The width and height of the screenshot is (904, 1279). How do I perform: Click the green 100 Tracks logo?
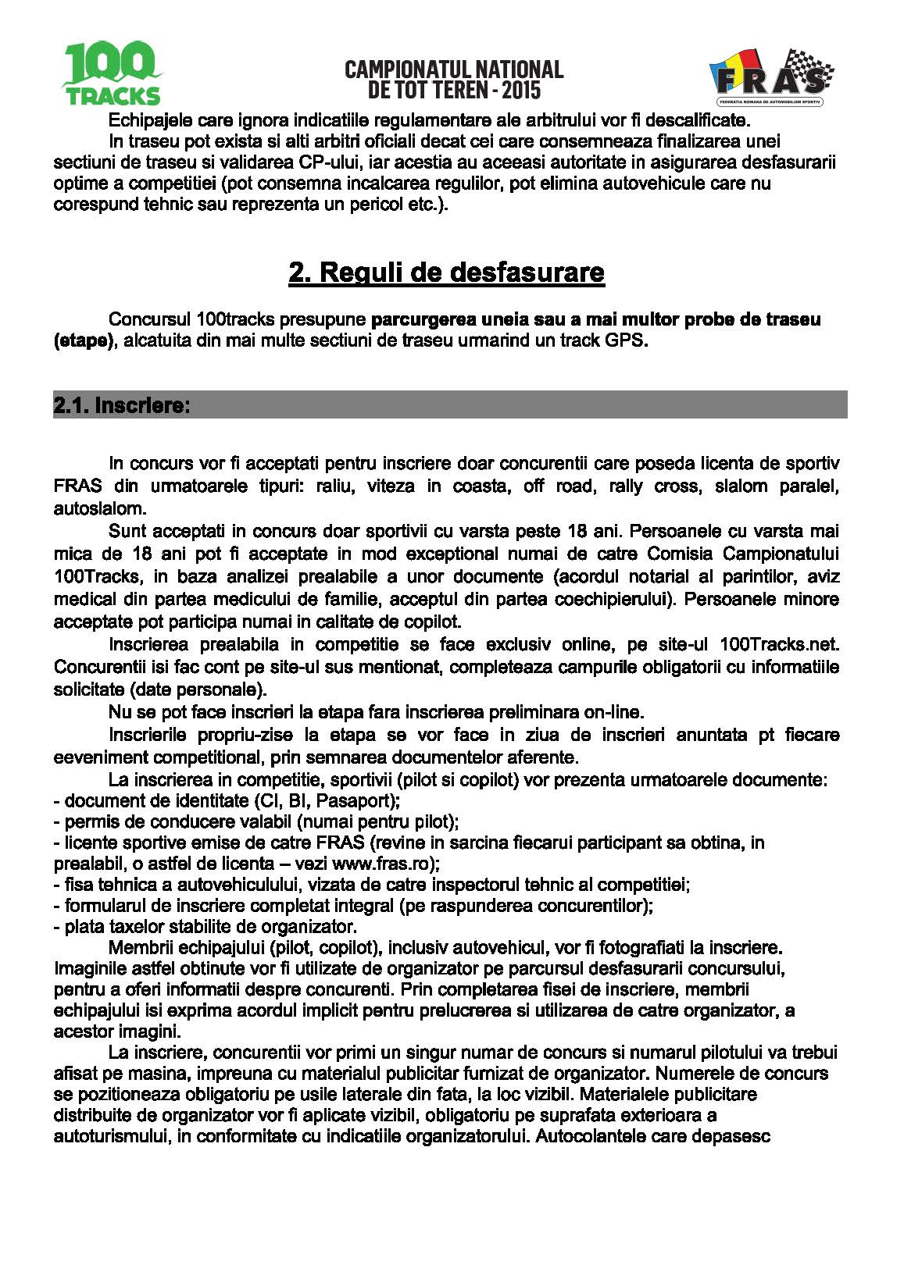point(112,74)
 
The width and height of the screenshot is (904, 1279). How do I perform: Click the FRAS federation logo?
point(770,77)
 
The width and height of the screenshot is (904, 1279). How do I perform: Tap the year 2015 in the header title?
point(521,90)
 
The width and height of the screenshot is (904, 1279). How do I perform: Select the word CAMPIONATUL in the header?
point(409,69)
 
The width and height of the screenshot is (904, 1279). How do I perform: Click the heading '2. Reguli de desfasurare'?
point(446,272)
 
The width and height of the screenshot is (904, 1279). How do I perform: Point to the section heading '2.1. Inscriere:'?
point(122,406)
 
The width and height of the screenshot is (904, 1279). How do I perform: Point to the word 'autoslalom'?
point(98,509)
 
